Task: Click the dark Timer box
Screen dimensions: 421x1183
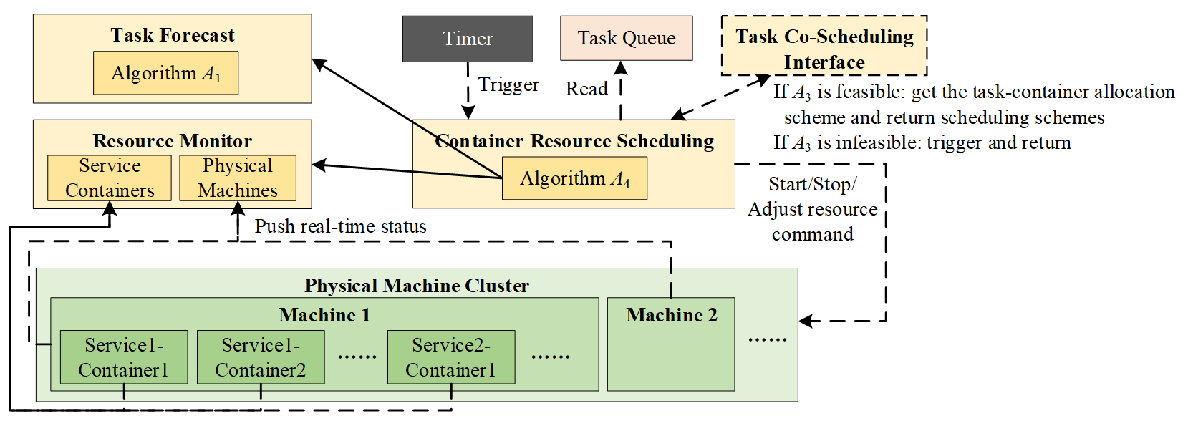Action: point(468,39)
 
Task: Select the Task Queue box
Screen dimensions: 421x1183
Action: point(626,38)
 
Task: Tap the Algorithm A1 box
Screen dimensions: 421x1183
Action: point(165,73)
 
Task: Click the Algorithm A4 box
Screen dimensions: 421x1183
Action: point(574,178)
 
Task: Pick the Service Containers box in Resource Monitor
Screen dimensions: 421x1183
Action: point(110,178)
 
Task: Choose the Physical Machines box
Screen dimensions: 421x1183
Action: point(237,178)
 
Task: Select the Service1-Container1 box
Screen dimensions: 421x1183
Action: point(124,357)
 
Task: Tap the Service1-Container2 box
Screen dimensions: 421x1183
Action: point(261,357)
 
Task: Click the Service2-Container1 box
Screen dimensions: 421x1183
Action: point(451,357)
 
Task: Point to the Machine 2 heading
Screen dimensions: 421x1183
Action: point(671,315)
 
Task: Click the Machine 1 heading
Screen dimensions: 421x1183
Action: point(324,315)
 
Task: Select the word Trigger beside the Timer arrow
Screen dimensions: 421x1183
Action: point(508,84)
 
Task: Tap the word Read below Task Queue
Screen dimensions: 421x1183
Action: point(586,89)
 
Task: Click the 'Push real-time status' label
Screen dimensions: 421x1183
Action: point(340,226)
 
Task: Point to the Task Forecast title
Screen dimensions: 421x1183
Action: point(173,35)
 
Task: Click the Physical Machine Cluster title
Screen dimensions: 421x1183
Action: point(417,286)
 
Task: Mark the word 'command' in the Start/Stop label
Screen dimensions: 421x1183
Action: point(812,234)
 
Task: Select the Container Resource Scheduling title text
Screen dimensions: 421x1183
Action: point(574,141)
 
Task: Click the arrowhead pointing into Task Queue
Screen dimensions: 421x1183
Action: point(621,68)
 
